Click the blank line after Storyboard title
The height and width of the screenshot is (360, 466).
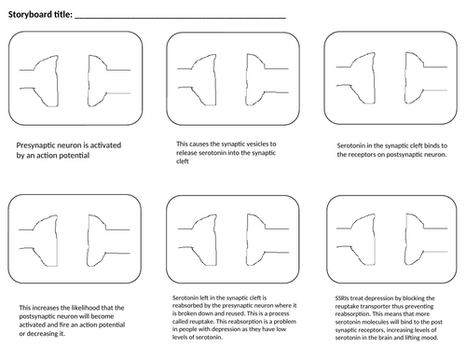click(180, 19)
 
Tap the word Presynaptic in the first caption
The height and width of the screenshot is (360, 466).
click(34, 145)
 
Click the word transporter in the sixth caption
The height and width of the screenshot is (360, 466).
click(375, 306)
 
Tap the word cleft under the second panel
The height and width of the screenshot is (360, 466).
click(183, 161)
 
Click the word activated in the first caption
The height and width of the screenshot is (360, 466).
click(105, 145)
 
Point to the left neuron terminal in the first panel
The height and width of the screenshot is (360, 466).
click(57, 81)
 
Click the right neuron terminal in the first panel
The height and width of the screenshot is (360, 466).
click(89, 81)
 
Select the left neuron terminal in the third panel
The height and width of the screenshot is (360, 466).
click(374, 78)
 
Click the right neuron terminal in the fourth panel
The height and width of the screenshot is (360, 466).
click(89, 241)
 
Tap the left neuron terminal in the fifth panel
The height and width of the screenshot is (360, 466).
click(215, 240)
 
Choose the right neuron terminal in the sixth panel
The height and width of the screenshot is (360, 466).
click(406, 240)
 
